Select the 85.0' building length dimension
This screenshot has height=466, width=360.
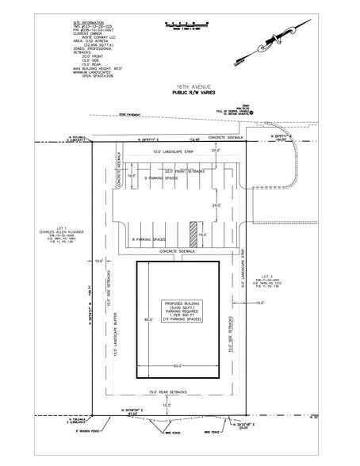[147, 320]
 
